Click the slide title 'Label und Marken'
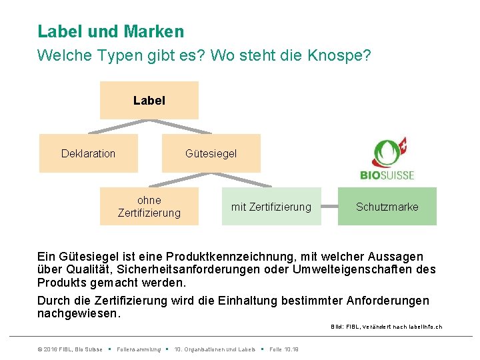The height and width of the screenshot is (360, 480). click(111, 31)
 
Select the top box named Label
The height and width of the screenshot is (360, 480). click(149, 101)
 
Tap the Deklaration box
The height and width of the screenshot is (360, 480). click(88, 154)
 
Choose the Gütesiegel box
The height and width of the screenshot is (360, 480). click(211, 154)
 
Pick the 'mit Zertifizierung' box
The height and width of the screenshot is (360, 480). click(271, 207)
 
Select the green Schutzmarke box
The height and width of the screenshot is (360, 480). click(387, 207)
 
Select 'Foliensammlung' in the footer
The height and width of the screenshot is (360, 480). click(139, 349)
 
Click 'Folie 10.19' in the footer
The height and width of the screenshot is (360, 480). click(284, 349)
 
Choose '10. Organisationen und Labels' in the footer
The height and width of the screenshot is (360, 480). click(214, 349)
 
